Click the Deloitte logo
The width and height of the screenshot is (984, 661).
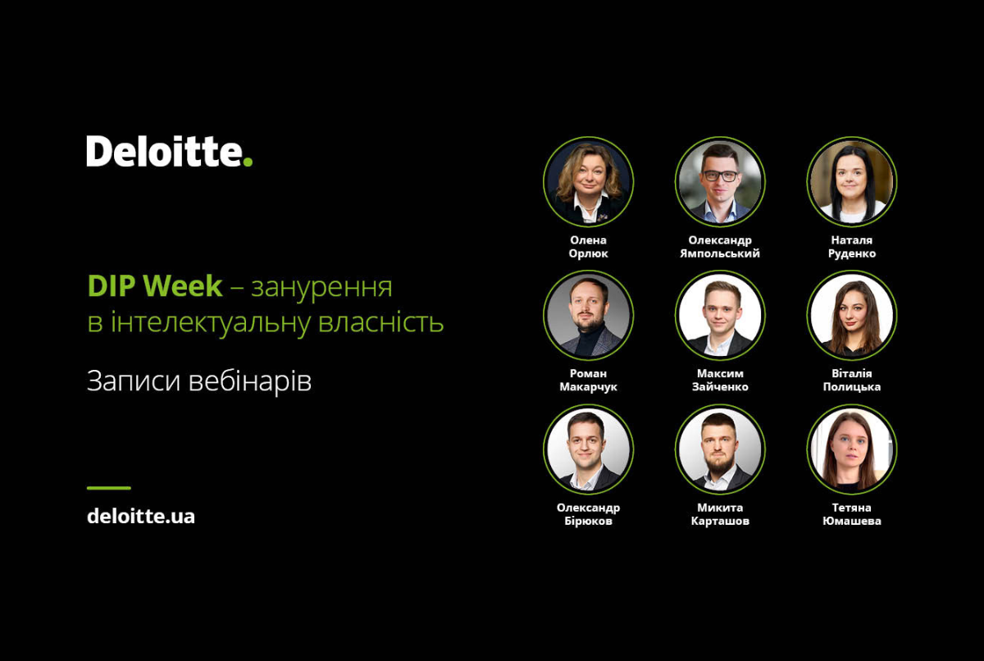pyautogui.click(x=170, y=151)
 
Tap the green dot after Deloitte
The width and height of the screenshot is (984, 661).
pyautogui.click(x=248, y=162)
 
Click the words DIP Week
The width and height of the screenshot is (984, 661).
pyautogui.click(x=155, y=286)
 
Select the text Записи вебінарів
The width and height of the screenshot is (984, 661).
pyautogui.click(x=199, y=381)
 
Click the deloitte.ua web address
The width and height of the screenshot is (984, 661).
pyautogui.click(x=140, y=516)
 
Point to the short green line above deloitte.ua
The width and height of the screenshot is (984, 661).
pyautogui.click(x=109, y=487)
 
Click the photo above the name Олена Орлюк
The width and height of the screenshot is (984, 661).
pyautogui.click(x=588, y=182)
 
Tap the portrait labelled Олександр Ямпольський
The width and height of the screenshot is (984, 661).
pyautogui.click(x=720, y=182)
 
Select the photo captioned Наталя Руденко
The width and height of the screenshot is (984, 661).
pyautogui.click(x=852, y=182)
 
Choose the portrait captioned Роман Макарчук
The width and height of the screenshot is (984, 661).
pyautogui.click(x=588, y=316)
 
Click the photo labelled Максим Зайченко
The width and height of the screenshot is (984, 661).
pyautogui.click(x=720, y=316)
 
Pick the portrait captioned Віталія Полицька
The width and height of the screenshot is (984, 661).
pyautogui.click(x=852, y=316)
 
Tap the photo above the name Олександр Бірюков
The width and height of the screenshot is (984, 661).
pyautogui.click(x=588, y=449)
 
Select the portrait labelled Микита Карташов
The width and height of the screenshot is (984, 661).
pyautogui.click(x=720, y=449)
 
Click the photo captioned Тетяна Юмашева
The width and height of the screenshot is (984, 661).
pyautogui.click(x=852, y=449)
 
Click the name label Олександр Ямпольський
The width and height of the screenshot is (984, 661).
pyautogui.click(x=720, y=247)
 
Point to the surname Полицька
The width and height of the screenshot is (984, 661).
pyautogui.click(x=852, y=387)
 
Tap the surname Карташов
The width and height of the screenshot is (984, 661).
pyautogui.click(x=720, y=521)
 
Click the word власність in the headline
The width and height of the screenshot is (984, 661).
pyautogui.click(x=380, y=322)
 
